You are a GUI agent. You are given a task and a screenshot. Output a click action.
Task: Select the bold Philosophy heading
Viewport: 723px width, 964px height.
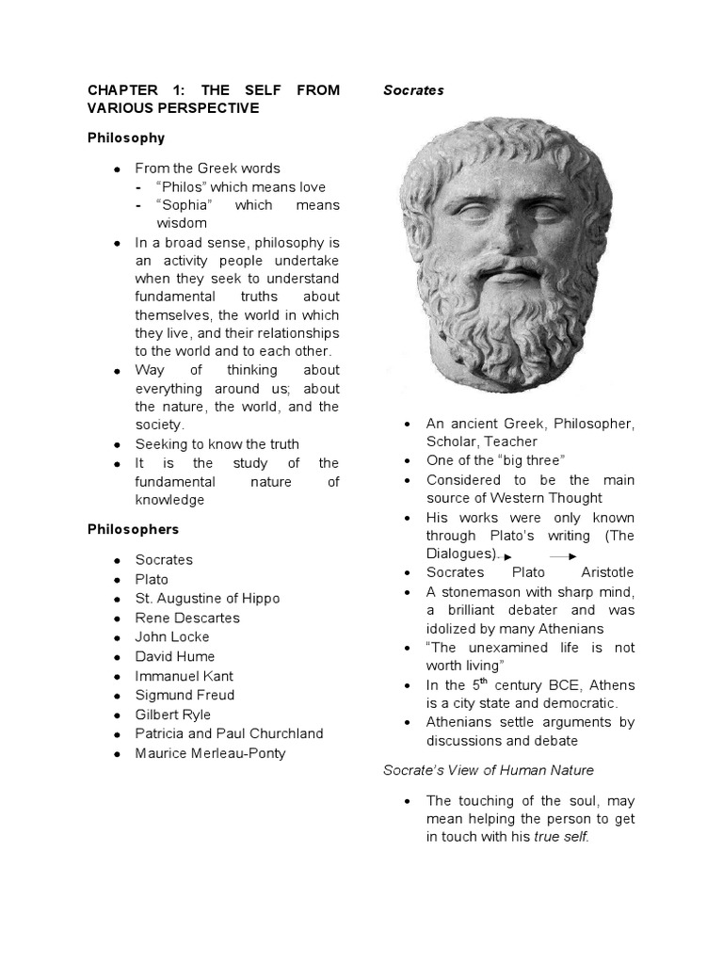point(126,137)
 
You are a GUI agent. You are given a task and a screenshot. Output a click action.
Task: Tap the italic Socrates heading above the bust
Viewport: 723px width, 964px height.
point(413,90)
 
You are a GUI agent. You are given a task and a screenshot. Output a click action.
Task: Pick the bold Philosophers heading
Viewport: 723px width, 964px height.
point(133,529)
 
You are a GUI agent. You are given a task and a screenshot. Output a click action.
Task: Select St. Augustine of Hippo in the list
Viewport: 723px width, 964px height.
point(207,598)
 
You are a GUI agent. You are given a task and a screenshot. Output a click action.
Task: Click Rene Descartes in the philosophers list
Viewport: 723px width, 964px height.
point(187,618)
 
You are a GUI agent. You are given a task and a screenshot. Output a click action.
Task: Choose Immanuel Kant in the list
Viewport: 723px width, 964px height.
point(184,676)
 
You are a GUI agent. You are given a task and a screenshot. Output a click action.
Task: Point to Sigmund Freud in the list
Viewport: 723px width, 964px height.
point(185,695)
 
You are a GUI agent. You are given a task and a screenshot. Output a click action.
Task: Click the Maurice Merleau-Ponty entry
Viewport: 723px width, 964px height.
point(210,753)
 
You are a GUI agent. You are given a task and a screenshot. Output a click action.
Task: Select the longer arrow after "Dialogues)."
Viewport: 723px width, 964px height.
point(564,556)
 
